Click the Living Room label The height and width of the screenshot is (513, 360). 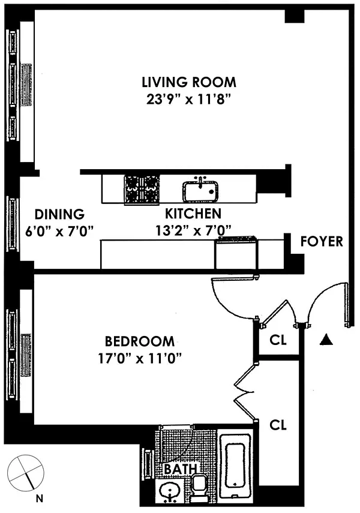click(189, 82)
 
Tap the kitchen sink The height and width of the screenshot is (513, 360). click(200, 191)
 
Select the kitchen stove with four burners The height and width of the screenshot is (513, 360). click(142, 190)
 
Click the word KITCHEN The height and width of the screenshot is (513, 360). click(193, 214)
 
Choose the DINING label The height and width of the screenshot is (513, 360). click(59, 214)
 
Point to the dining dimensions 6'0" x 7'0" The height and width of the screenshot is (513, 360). click(59, 232)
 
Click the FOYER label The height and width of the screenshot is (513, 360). click(322, 241)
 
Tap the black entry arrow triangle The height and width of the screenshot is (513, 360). click(326, 340)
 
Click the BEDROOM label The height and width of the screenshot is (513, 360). click(140, 341)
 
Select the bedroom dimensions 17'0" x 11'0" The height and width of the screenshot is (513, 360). click(140, 359)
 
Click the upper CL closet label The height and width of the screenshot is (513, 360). click(278, 340)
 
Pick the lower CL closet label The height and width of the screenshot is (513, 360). click(278, 425)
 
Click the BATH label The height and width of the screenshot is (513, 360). click(181, 469)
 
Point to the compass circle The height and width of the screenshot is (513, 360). click(26, 472)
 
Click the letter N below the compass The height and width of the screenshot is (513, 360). click(39, 499)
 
